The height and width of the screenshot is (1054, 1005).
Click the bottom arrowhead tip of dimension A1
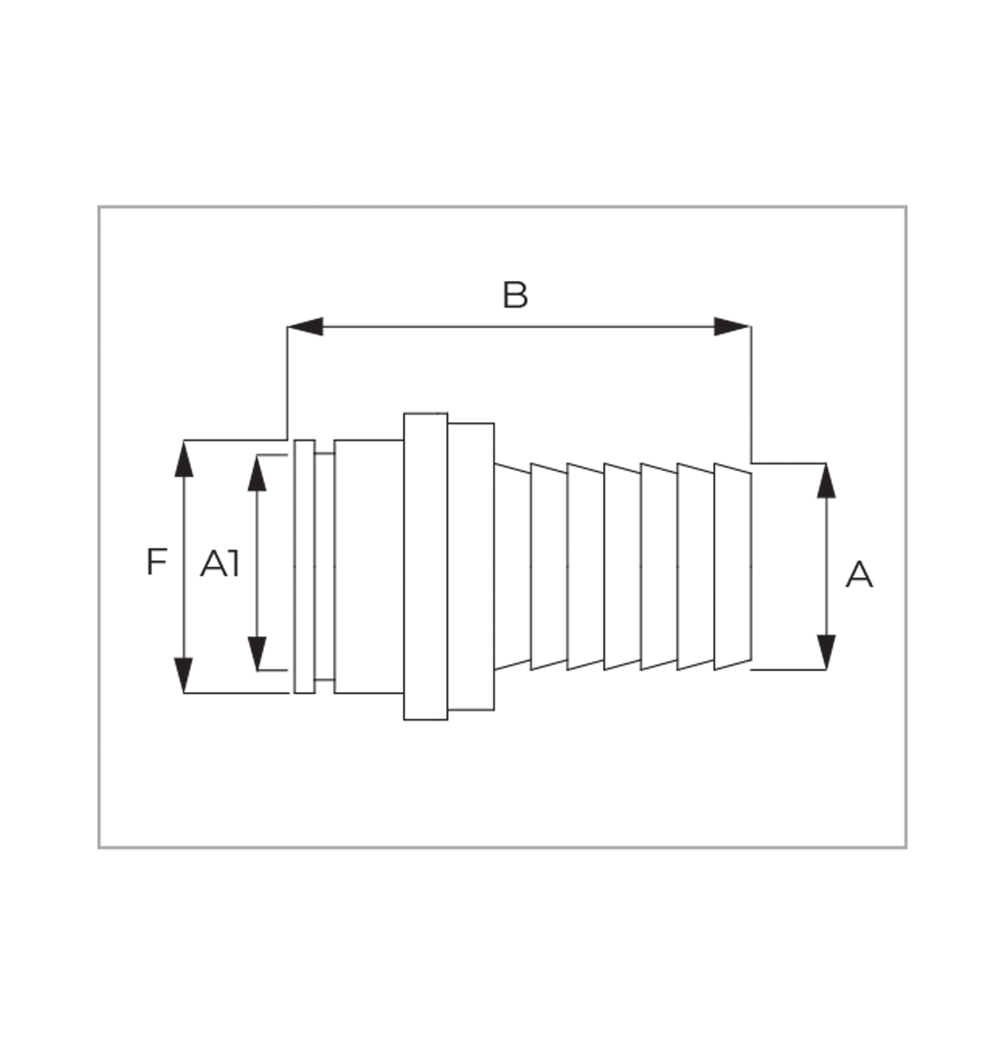(x=257, y=671)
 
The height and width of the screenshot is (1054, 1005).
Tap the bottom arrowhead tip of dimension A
(x=826, y=669)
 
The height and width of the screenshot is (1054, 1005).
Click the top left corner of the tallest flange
(x=404, y=414)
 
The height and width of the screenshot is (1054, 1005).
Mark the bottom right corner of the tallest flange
(x=447, y=720)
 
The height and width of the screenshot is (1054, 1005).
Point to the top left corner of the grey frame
(x=99, y=206)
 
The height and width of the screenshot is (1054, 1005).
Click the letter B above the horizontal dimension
(x=515, y=295)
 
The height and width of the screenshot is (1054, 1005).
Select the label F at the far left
(x=156, y=561)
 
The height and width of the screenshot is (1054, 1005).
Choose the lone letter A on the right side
(x=859, y=575)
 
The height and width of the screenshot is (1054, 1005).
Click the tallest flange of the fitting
(x=425, y=566)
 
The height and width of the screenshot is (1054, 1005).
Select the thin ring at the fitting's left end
(x=304, y=566)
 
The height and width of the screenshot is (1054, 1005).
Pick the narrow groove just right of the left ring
(x=325, y=566)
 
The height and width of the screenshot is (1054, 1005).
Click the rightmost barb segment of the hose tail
(x=732, y=566)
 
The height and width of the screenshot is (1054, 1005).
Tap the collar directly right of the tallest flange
(x=471, y=566)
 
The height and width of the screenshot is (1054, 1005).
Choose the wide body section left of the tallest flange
(x=369, y=566)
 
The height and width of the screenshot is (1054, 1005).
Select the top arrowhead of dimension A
(x=826, y=481)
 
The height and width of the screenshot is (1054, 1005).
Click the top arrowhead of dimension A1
(x=257, y=473)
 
